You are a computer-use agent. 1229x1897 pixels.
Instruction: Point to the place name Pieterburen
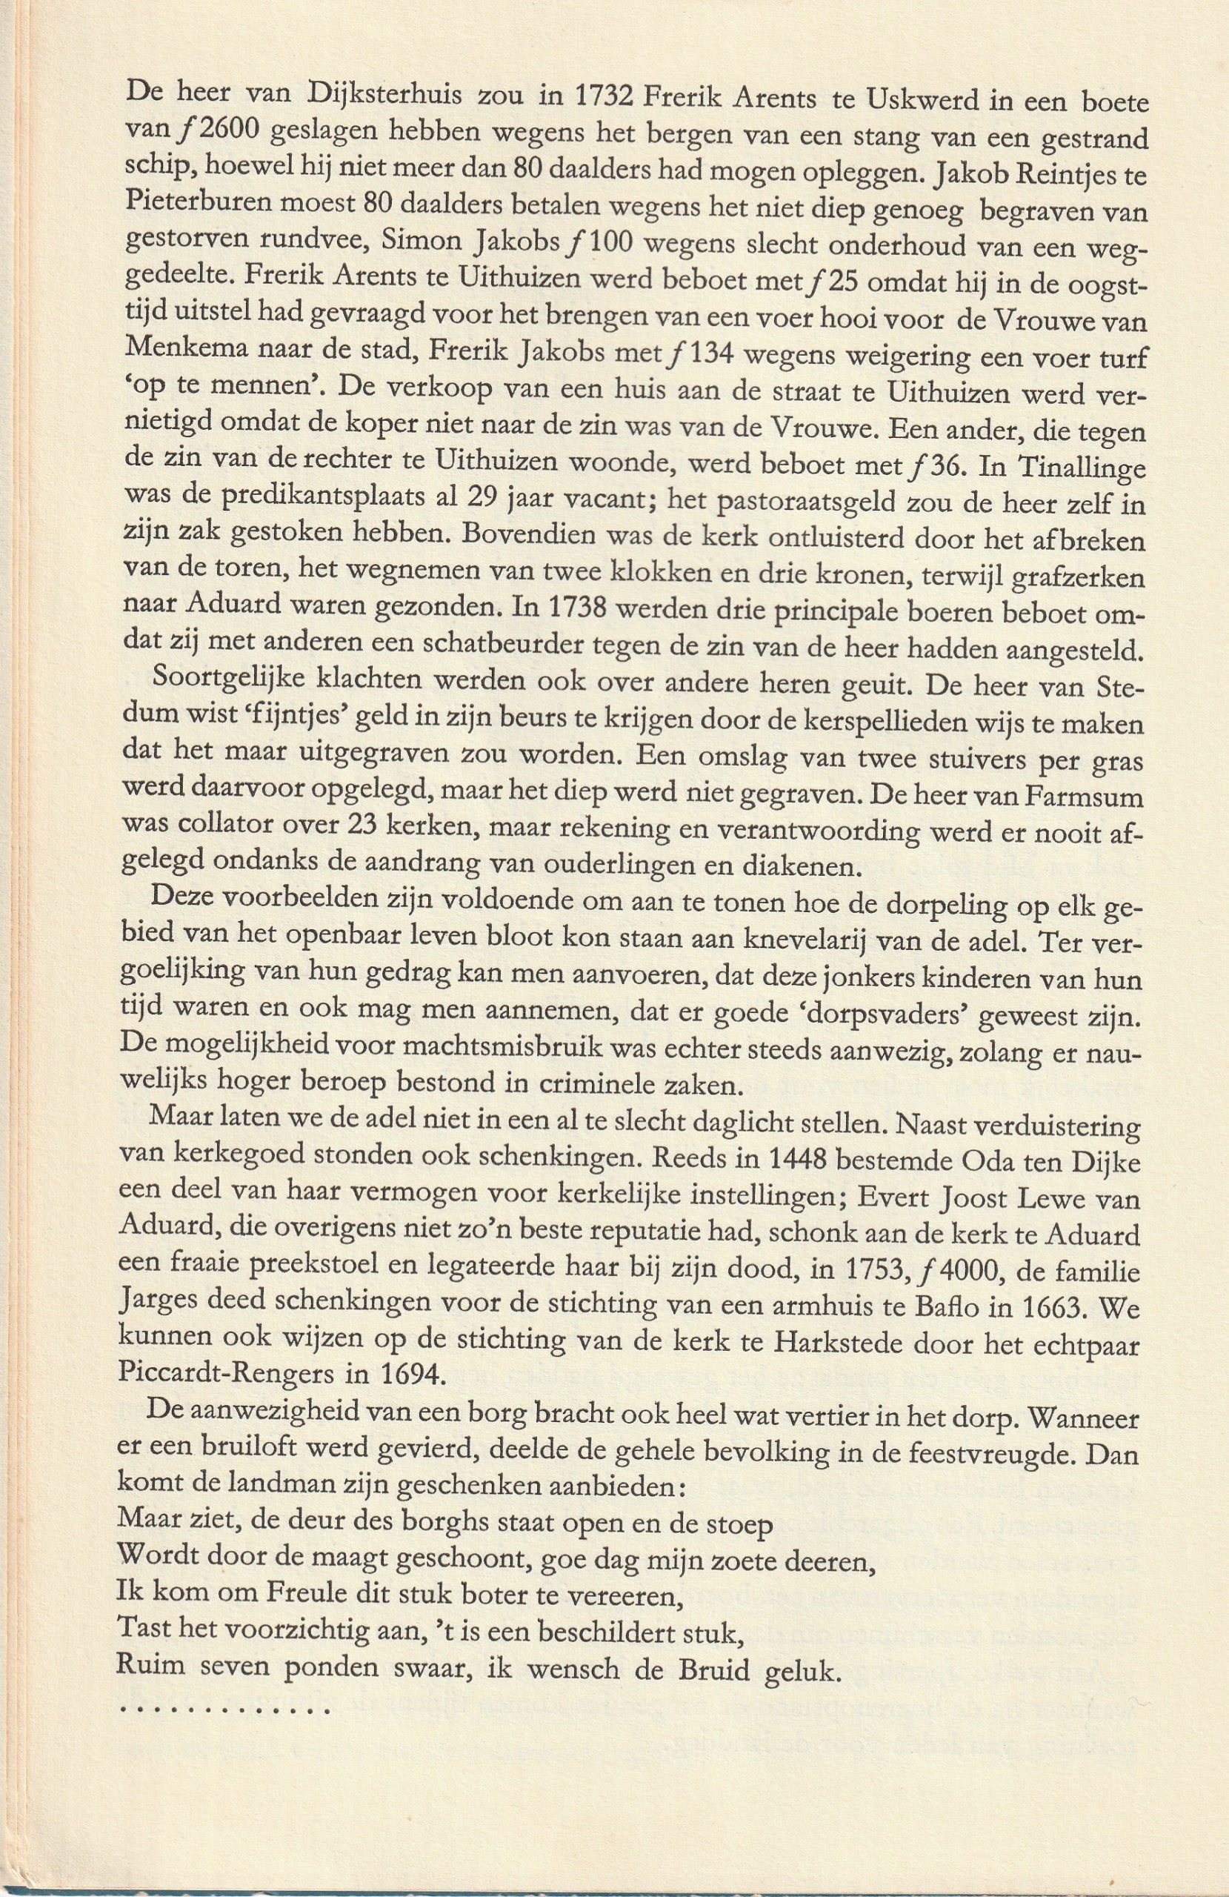point(196,207)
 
